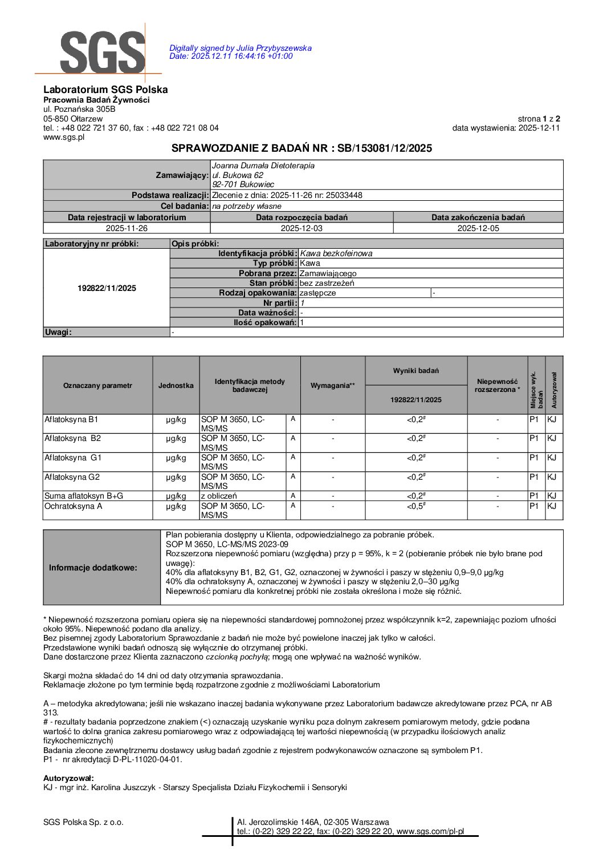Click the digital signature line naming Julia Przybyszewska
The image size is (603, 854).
pos(240,48)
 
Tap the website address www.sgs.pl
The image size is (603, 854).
pos(64,137)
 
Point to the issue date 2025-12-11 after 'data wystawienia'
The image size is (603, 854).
pos(539,128)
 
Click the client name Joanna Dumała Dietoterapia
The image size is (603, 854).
pos(263,165)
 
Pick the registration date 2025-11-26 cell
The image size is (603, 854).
pos(127,228)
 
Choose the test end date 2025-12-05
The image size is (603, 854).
pos(478,228)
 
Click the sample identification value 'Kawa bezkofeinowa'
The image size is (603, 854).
pos(336,253)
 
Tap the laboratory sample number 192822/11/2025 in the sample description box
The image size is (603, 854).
pos(107,288)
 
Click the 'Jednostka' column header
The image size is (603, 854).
pos(176,386)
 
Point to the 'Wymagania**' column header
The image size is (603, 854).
pos(332,386)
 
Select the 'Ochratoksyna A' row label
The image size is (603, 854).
pos(74,506)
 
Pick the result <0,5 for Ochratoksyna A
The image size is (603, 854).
pos(415,506)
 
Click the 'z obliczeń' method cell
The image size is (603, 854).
pos(219,496)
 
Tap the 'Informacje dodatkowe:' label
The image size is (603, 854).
pos(93,568)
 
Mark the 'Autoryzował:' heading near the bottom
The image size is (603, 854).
pos(68,778)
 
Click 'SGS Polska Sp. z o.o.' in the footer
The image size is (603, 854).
pos(83,822)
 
